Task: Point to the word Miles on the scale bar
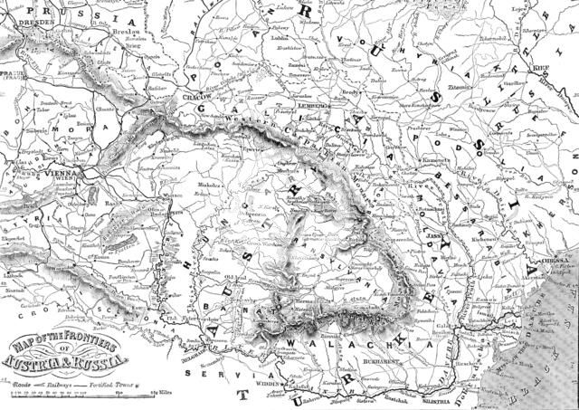pyautogui.click(x=164, y=394)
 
